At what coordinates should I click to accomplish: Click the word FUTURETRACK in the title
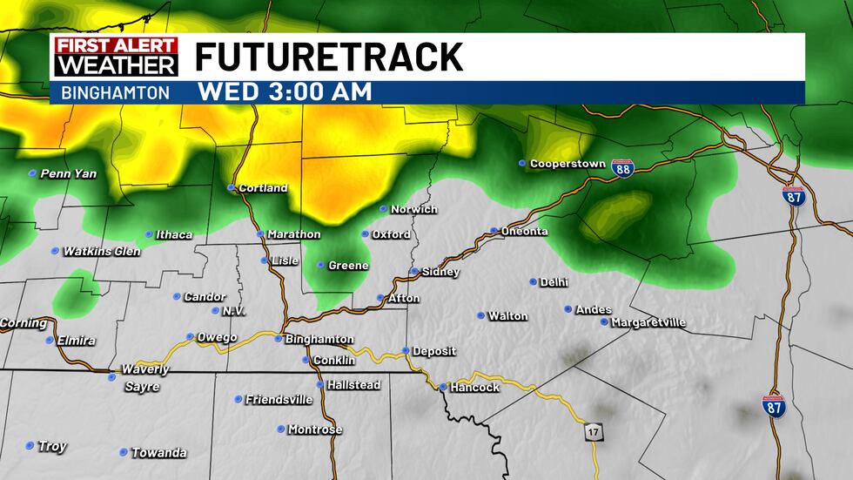[328, 57]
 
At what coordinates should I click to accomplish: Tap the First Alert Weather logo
[116, 57]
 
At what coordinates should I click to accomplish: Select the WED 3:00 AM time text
[285, 91]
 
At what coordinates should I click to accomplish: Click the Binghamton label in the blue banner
[116, 92]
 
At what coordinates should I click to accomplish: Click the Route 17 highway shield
[594, 432]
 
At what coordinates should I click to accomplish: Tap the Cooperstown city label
[567, 164]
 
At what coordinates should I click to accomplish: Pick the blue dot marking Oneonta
[494, 231]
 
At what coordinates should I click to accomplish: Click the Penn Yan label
[69, 173]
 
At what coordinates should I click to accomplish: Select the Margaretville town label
[648, 322]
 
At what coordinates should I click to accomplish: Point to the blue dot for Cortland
[232, 187]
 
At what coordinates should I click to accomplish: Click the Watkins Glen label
[102, 251]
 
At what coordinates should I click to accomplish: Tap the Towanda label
[158, 453]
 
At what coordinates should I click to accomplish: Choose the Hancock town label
[476, 387]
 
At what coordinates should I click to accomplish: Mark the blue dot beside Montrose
[281, 429]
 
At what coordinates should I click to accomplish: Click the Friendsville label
[279, 399]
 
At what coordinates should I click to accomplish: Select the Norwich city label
[413, 209]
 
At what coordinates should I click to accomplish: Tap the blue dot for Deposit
[405, 351]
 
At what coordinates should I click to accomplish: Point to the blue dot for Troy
[30, 445]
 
